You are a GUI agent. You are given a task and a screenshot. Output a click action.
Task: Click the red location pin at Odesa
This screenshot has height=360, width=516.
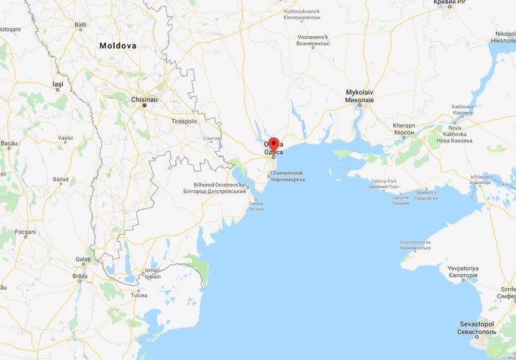[x=273, y=145]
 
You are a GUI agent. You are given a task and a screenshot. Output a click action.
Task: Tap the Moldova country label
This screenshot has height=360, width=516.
[x=118, y=46]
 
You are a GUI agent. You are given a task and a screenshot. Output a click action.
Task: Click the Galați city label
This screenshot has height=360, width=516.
[x=83, y=259]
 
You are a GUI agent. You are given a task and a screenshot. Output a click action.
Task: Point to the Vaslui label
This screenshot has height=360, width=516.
[x=65, y=138]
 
